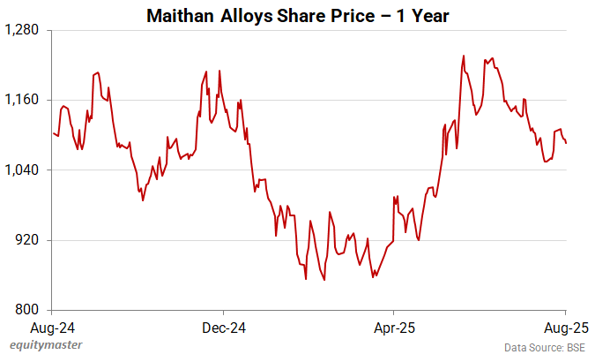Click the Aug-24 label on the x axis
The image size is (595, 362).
53,327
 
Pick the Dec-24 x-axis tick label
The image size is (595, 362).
223,327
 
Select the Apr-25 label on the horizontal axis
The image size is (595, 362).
393,327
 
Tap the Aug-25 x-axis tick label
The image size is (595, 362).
564,327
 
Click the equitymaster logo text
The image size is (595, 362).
43,347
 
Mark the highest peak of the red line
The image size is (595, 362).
464,56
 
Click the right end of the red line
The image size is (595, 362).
566,143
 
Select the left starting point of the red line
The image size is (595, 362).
53,132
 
